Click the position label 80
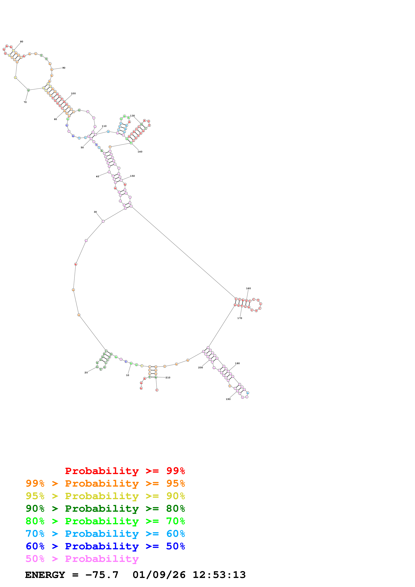click(x=22, y=41)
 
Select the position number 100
click(x=73, y=93)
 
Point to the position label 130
click(x=132, y=116)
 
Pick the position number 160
click(x=248, y=288)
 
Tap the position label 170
click(x=240, y=318)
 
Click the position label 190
click(x=228, y=399)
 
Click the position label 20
click(x=86, y=372)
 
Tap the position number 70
click(x=25, y=102)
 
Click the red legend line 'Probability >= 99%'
click(x=125, y=471)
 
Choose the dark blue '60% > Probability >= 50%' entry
click(x=105, y=546)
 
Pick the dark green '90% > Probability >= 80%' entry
click(x=105, y=509)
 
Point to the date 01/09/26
click(x=159, y=575)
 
